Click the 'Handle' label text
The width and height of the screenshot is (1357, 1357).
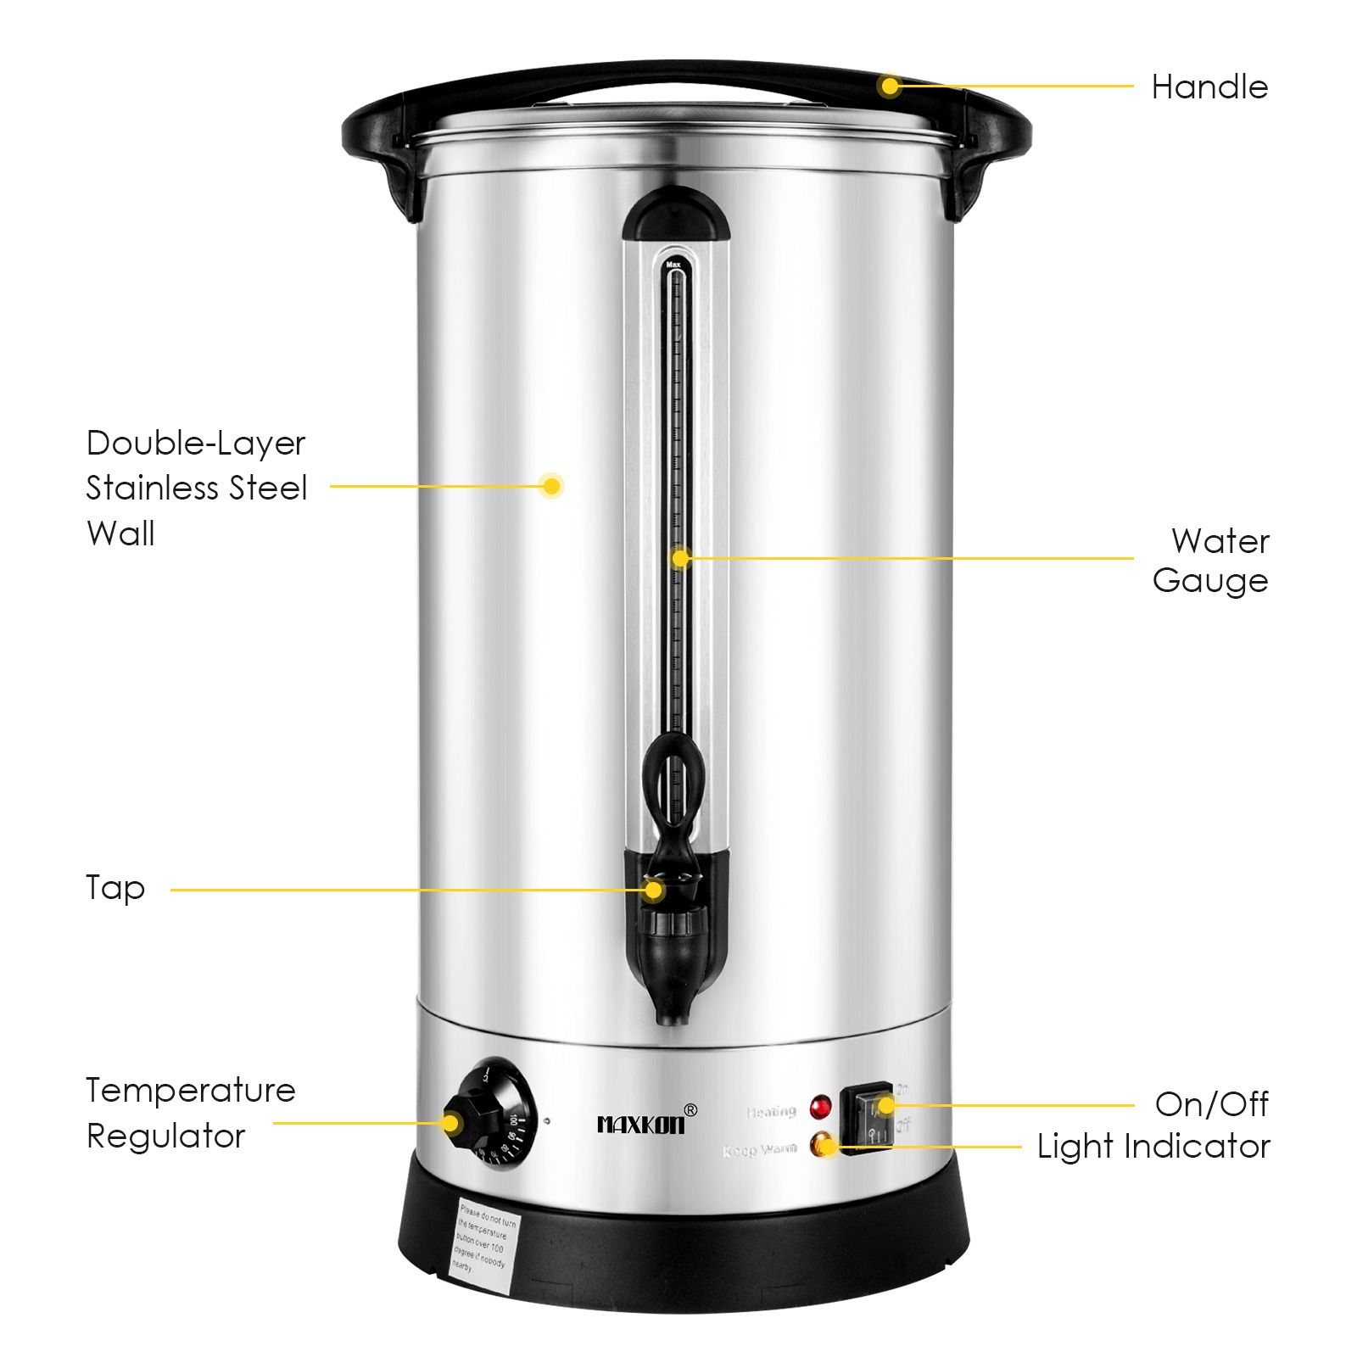[1209, 87]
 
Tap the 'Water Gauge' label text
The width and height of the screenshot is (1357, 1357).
[1210, 561]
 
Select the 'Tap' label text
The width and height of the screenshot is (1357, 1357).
[115, 889]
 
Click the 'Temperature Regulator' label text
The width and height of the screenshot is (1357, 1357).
[190, 1113]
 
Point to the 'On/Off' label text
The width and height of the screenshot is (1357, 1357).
[1211, 1104]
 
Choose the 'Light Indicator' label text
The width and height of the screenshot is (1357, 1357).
[1153, 1147]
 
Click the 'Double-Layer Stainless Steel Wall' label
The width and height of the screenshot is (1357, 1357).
[196, 489]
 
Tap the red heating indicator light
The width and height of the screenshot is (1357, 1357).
[820, 1107]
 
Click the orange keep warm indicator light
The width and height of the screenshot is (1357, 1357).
[821, 1145]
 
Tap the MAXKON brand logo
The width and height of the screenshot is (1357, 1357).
[642, 1124]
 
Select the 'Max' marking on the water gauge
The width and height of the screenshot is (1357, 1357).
[673, 265]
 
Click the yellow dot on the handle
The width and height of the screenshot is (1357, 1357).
[889, 86]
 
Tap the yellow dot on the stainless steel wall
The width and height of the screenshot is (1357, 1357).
[551, 486]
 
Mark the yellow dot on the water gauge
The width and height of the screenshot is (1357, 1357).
[680, 558]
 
